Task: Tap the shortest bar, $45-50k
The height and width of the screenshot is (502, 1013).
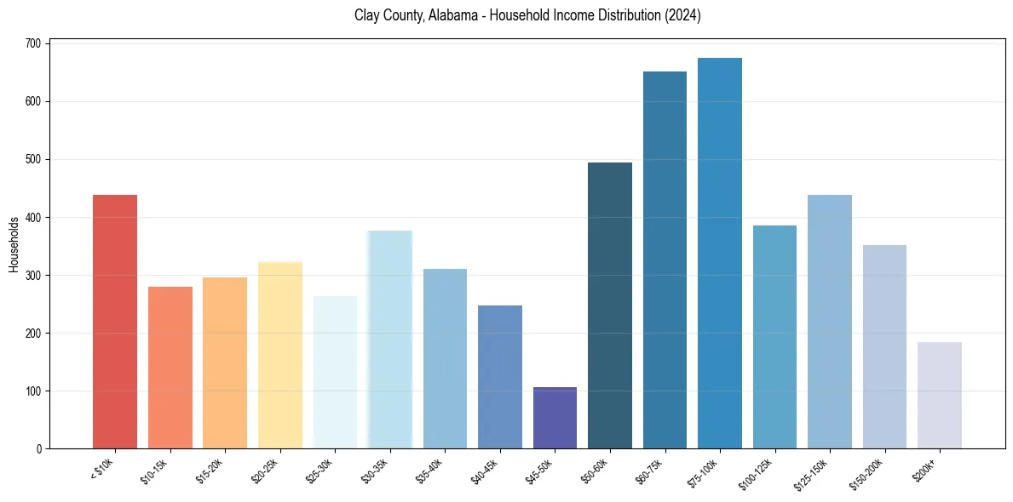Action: [555, 418]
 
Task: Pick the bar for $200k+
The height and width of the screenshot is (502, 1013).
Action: [940, 396]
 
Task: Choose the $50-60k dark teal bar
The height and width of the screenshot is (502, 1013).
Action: [610, 305]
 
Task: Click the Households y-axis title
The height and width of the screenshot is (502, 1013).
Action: [14, 244]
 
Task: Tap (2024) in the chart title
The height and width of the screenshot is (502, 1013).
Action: [684, 16]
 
